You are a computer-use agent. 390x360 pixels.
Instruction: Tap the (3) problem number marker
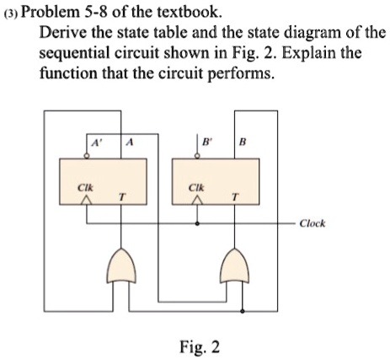[x=11, y=13]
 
